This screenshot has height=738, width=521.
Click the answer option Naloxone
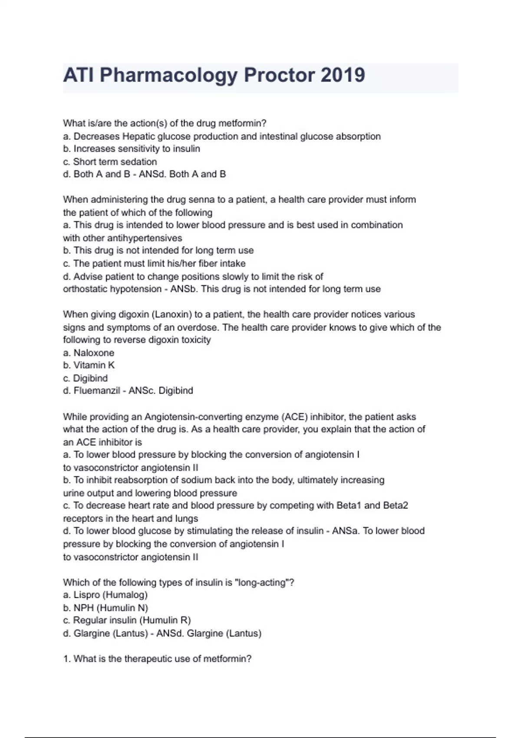[94, 353]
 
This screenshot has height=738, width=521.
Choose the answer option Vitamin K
[94, 365]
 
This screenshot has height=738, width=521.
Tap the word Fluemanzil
[96, 391]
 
